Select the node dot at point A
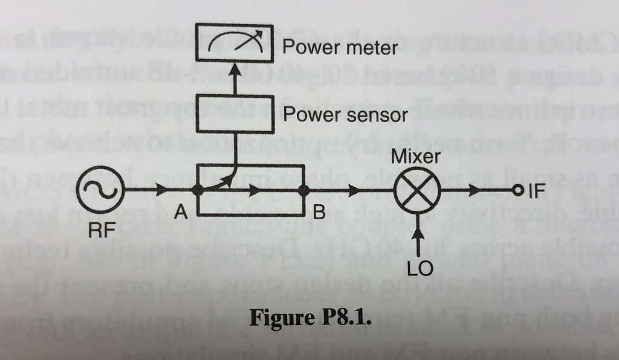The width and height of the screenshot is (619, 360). [x=198, y=190]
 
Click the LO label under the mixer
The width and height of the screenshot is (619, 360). [x=420, y=268]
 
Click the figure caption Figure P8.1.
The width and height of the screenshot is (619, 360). [x=309, y=317]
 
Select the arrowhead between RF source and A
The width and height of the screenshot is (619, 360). [x=163, y=191]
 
